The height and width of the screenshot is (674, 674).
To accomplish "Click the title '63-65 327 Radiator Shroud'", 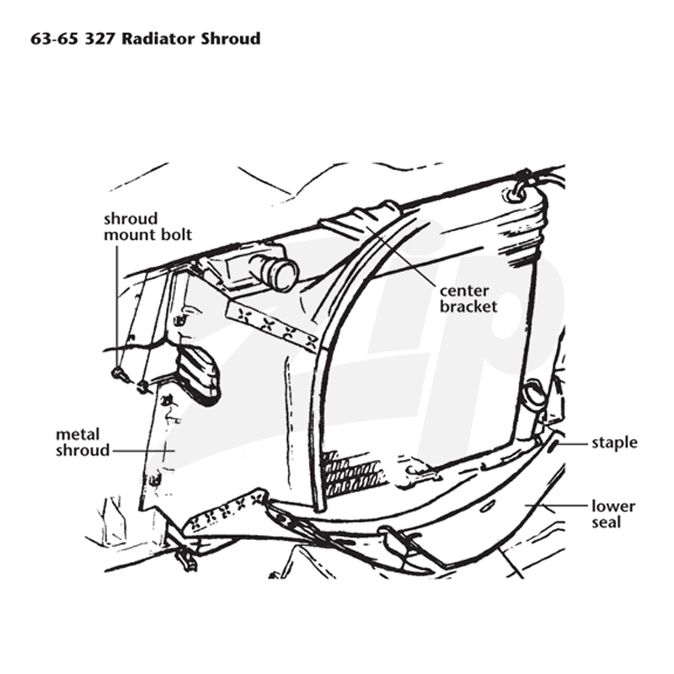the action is (x=146, y=39).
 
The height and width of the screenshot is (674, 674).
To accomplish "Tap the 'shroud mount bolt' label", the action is (x=148, y=227).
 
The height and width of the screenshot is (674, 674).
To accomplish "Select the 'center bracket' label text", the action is (x=468, y=299).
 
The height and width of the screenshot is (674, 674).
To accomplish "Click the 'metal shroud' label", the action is (x=83, y=442).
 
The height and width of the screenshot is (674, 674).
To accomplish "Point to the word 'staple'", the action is (x=614, y=443).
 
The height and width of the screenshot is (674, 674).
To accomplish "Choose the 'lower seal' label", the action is (x=613, y=515).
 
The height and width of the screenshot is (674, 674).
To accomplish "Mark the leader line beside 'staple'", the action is (x=573, y=443).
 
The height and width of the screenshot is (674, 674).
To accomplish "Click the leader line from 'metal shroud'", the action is (x=144, y=451).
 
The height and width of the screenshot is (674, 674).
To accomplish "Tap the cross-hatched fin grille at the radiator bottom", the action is (x=350, y=473).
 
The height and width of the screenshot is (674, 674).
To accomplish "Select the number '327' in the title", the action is (x=99, y=39).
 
